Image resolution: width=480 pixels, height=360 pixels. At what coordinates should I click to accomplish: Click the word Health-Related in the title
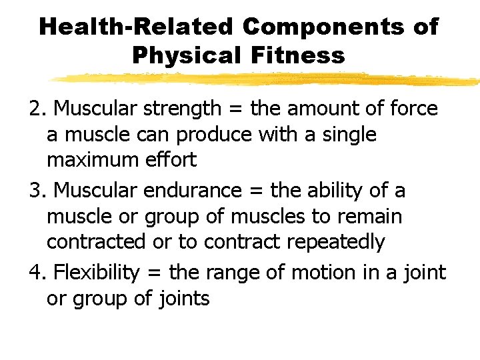coord(136,27)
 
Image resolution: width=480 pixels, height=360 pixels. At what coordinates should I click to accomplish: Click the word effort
coord(173,160)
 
